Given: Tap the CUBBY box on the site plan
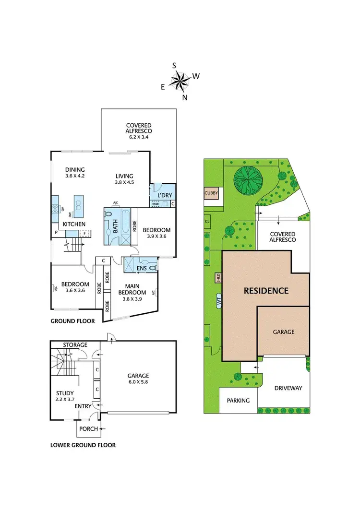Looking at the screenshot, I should pos(211,193).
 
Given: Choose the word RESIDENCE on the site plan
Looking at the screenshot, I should pos(266,290).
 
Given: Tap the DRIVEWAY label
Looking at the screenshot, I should pos(288,388).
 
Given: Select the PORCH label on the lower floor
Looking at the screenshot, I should pos(88,428).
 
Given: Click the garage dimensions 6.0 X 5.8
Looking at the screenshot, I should pos(138,383).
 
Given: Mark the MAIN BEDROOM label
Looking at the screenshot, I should pos(132,289).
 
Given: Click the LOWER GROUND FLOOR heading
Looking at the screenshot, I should pos(83,445).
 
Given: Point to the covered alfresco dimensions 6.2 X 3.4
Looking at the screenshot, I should pos(139,137).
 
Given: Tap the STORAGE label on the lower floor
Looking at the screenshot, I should pos(75,344).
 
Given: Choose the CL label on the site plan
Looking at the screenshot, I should pos(207,221).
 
